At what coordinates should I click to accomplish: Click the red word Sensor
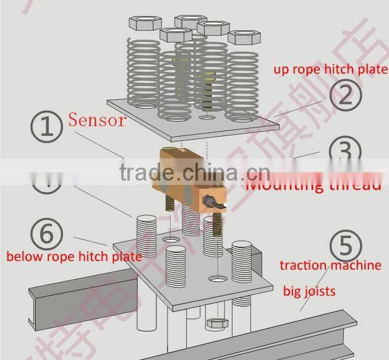click(x=96, y=119)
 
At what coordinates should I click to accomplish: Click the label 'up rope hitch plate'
click(x=331, y=69)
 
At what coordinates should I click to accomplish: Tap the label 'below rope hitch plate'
click(x=74, y=255)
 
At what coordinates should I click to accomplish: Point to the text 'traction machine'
click(x=330, y=266)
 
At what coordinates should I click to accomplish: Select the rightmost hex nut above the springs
click(x=243, y=37)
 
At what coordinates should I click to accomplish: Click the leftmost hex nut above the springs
click(x=143, y=24)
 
